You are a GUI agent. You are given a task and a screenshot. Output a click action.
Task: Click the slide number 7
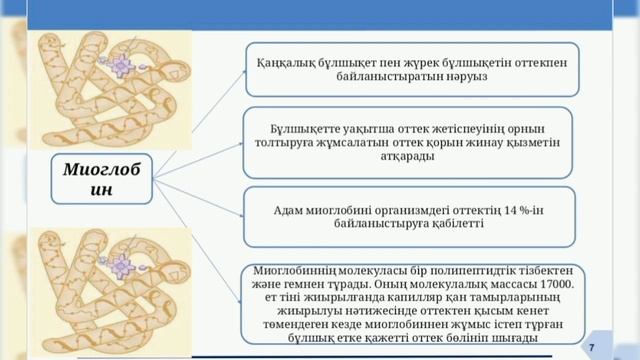pyautogui.click(x=619, y=344)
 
